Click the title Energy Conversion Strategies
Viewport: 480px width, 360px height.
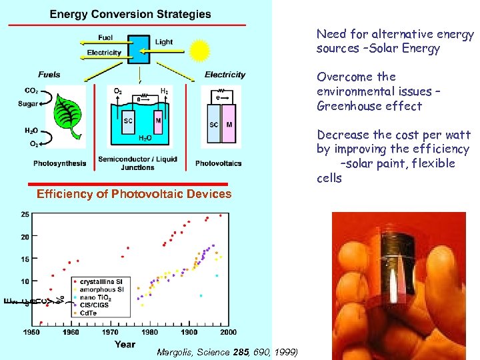click(x=131, y=13)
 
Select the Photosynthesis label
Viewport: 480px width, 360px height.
click(x=60, y=163)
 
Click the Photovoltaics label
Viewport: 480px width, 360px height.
click(x=218, y=163)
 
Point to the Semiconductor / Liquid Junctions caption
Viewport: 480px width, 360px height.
click(x=139, y=163)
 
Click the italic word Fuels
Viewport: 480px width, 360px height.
click(x=49, y=75)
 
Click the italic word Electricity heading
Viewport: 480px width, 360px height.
click(x=225, y=75)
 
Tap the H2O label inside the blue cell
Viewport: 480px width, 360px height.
click(x=145, y=138)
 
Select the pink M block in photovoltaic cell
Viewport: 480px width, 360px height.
click(x=229, y=125)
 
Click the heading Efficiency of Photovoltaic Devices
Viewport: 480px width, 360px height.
click(x=134, y=194)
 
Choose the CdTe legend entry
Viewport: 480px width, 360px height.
click(x=88, y=312)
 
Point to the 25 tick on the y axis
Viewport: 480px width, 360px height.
click(x=25, y=214)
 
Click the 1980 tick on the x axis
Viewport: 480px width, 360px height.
click(x=149, y=332)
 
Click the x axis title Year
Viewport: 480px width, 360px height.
click(x=125, y=344)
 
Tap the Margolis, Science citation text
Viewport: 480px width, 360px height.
click(x=227, y=352)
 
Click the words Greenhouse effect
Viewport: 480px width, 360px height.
click(x=369, y=106)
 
